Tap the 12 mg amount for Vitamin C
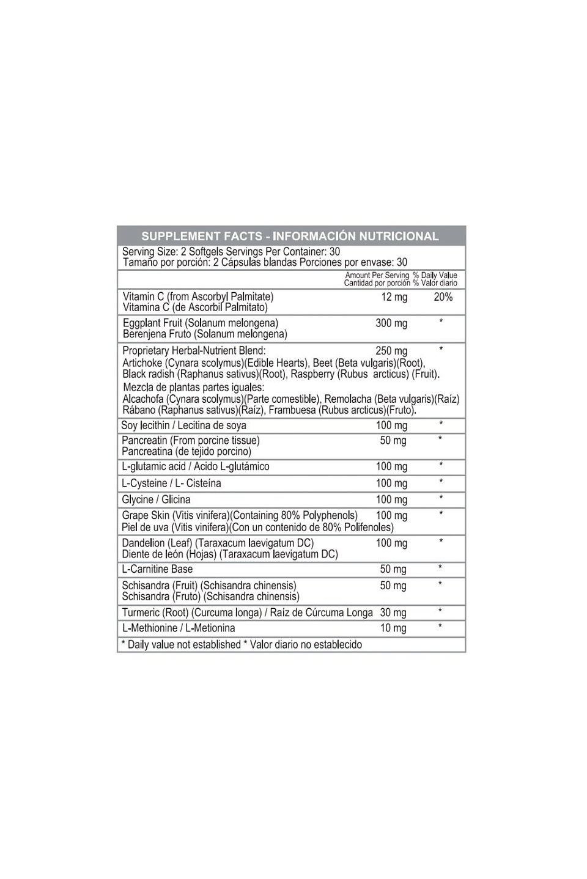394,297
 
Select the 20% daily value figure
443,297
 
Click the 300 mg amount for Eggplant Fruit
391,323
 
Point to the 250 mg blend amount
391,351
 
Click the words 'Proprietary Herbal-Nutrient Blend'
194,351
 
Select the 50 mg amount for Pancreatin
393,441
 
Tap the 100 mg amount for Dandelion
391,543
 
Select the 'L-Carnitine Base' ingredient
157,569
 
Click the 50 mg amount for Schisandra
393,586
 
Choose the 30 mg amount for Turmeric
393,612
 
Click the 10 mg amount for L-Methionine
393,628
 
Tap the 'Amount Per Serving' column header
377,275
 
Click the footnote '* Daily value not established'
181,644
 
